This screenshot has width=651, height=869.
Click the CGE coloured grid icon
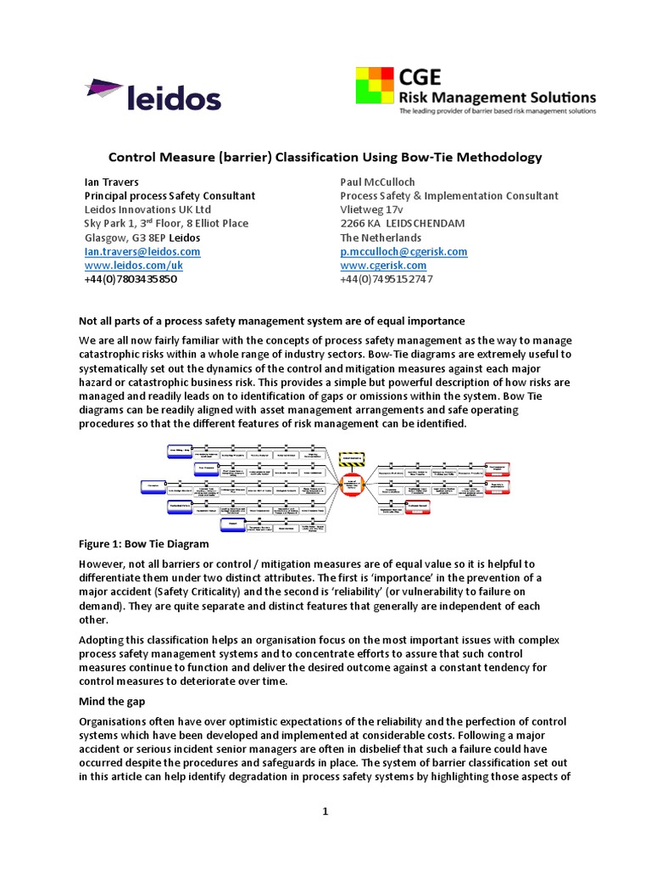point(375,92)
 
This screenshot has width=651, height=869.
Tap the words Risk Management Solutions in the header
point(498,98)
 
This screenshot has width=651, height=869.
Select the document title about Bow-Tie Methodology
point(325,157)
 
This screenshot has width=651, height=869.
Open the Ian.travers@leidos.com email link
point(142,252)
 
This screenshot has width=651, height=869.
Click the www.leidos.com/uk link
point(133,266)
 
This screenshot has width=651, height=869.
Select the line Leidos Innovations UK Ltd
point(147,210)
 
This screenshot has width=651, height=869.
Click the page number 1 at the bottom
point(325,811)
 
